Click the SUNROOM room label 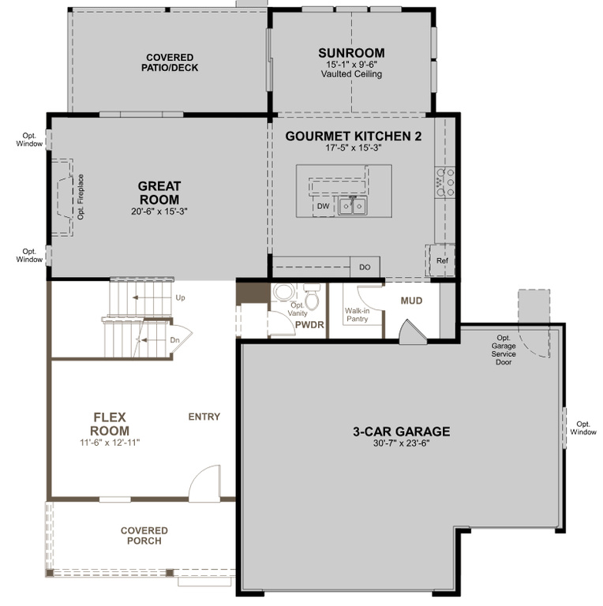[351, 53]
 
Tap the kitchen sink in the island [353, 205]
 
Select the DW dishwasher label [323, 207]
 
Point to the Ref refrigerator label [442, 260]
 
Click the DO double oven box [365, 267]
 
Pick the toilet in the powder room [312, 294]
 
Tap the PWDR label [309, 324]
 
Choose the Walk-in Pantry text [358, 315]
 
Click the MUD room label [412, 301]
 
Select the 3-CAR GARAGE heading [402, 432]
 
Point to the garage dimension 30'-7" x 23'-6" [402, 443]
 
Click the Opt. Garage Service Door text [504, 350]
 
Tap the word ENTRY [204, 417]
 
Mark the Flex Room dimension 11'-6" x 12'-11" [110, 443]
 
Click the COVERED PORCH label [144, 536]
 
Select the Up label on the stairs [180, 298]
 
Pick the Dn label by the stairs [174, 340]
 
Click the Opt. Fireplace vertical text [81, 197]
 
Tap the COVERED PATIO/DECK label [170, 62]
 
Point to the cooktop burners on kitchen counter [445, 182]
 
